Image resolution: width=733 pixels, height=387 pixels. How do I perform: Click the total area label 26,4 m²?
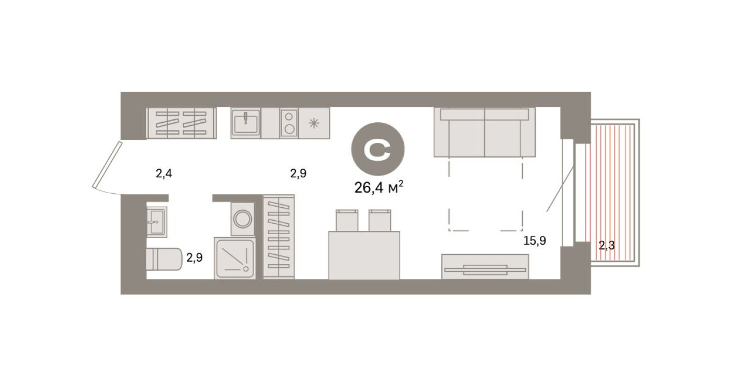click(378, 187)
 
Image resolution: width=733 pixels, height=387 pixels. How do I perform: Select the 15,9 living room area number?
click(535, 240)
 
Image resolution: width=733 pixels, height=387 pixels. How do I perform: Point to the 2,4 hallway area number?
click(164, 174)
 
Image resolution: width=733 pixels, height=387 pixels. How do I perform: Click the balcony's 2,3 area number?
click(607, 246)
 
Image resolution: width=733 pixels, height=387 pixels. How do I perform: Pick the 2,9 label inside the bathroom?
click(194, 257)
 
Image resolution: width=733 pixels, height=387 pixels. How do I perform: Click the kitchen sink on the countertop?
click(246, 123)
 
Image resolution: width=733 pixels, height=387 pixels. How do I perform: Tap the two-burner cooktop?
click(289, 123)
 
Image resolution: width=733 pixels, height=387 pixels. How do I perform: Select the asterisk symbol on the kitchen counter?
click(314, 123)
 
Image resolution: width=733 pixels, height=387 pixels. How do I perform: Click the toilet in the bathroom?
click(164, 259)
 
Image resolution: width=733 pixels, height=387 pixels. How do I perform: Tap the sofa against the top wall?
click(485, 133)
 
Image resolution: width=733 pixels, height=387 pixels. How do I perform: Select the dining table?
click(364, 255)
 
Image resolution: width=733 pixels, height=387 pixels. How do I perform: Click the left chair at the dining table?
click(347, 220)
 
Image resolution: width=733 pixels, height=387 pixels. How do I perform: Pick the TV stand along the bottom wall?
click(485, 266)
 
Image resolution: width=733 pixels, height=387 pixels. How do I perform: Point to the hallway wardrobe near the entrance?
click(181, 123)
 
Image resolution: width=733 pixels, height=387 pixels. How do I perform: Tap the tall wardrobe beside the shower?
click(278, 237)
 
